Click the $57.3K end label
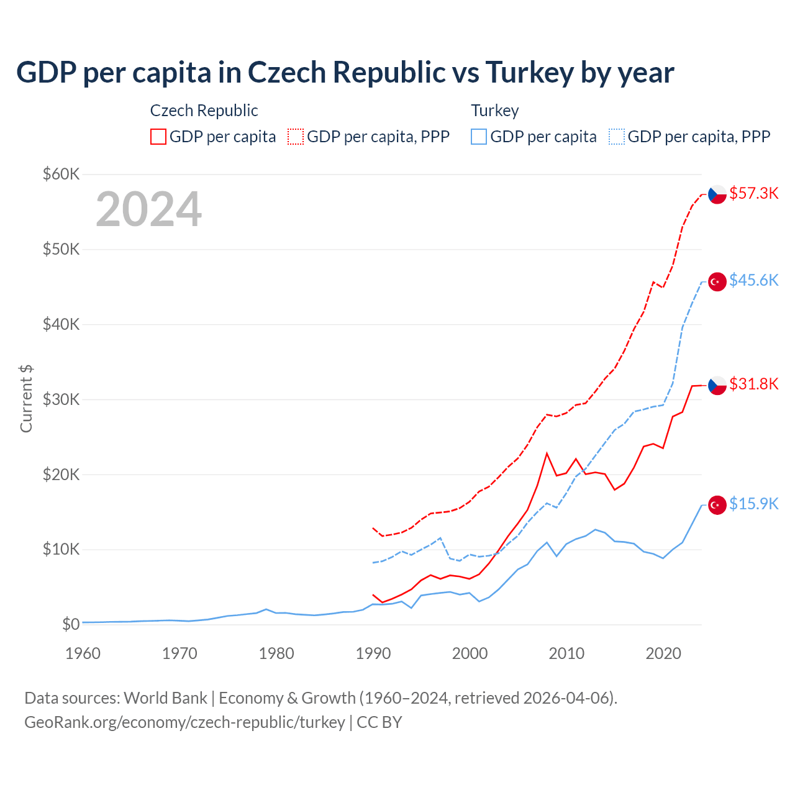pos(753,193)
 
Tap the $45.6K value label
pos(753,280)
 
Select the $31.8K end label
pos(753,384)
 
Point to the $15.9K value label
pos(753,504)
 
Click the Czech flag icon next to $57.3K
pos(717,194)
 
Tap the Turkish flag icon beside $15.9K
pos(717,505)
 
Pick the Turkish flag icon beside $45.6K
pos(717,281)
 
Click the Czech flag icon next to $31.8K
pos(717,385)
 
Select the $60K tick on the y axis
pos(61,174)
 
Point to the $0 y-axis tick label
pos(71,624)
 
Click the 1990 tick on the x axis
pos(373,653)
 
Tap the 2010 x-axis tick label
pos(566,653)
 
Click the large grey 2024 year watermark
pos(148,209)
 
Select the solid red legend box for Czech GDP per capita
pos(158,137)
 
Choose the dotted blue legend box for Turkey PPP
pos(617,137)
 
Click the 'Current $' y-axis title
pos(26,399)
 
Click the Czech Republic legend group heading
pos(204,111)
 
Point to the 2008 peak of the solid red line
pos(547,453)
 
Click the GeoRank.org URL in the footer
pos(184,722)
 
